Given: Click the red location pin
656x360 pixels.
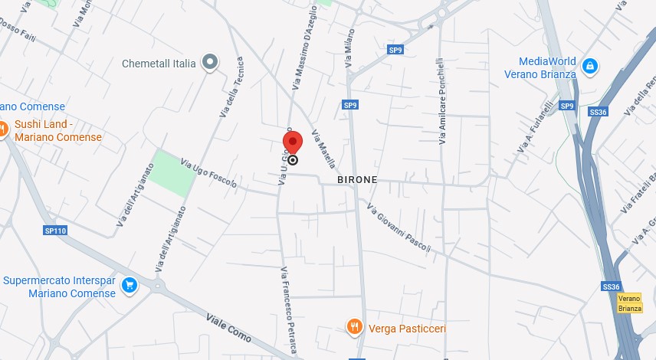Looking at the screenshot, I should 293,142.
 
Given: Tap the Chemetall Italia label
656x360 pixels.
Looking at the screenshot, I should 159,64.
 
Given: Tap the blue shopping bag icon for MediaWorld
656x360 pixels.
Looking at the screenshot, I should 589,67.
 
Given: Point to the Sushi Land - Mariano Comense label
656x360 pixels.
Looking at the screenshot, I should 57,131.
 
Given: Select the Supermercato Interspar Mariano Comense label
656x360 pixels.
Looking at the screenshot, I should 58,286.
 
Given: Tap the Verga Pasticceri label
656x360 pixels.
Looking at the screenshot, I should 407,329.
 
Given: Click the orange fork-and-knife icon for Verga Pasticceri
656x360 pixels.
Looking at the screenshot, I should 353,328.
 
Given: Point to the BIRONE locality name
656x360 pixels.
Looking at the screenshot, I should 357,179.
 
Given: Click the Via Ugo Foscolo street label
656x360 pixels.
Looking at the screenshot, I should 208,173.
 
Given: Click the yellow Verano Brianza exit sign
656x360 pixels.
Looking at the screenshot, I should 629,303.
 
